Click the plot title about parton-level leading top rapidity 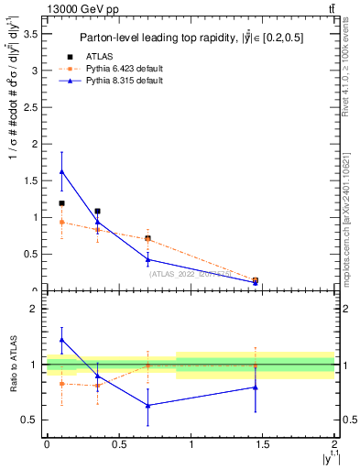191,38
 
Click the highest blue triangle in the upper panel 61,171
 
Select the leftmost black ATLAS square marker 61,203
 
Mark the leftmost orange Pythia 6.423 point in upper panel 61,222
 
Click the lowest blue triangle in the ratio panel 147,405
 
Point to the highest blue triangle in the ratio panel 61,340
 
